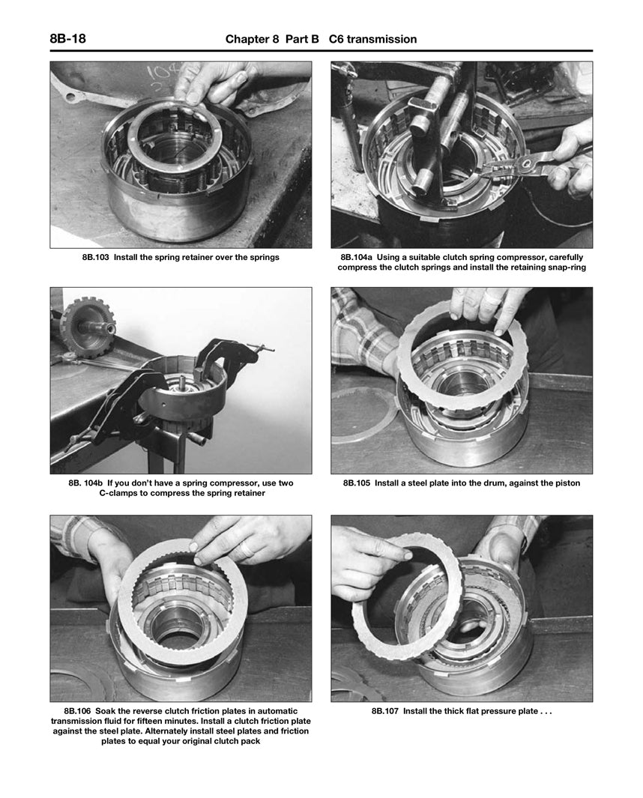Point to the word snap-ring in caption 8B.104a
point(563,267)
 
